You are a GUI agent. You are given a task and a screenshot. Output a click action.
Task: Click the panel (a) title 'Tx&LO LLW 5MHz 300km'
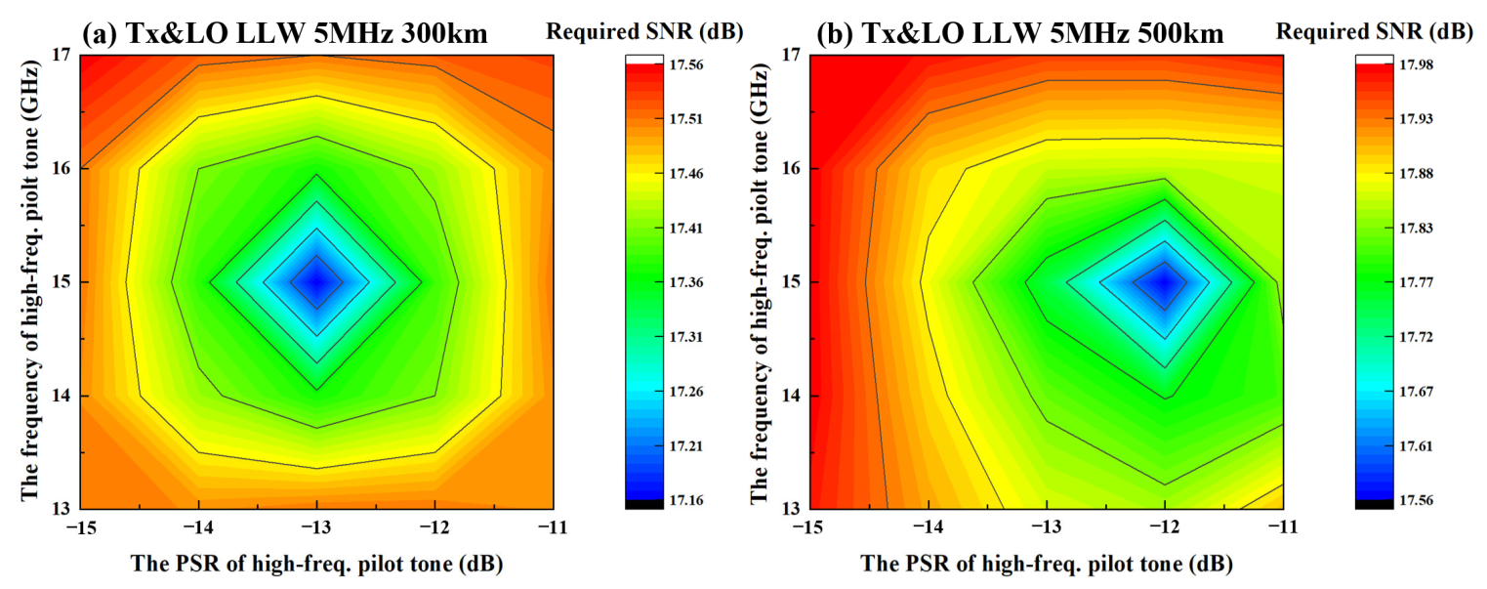[303, 34]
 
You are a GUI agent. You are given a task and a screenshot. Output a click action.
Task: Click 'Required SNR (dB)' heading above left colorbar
[644, 31]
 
